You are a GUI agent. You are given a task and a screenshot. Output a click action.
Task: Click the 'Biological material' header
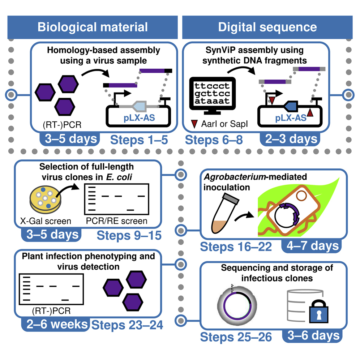coord(93,27)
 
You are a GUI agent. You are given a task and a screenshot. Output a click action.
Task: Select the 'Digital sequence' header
coord(267,27)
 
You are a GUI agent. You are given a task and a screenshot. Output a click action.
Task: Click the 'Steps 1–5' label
coord(139,139)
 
